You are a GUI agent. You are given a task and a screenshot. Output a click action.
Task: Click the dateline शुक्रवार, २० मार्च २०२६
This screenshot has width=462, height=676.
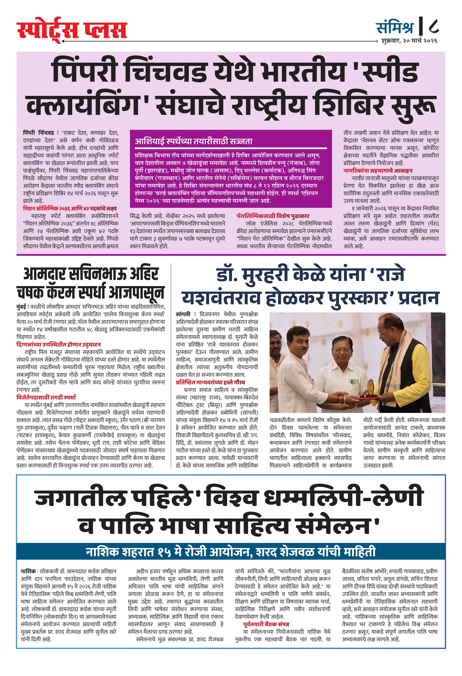(x=409, y=41)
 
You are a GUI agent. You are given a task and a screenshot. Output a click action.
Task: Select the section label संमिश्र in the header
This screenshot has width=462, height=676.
(x=395, y=28)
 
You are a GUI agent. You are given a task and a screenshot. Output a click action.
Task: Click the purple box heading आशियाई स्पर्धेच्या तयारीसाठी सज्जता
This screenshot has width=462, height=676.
(x=194, y=141)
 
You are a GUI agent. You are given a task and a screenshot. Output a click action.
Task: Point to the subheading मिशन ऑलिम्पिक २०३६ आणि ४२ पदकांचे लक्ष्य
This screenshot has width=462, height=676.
(x=70, y=209)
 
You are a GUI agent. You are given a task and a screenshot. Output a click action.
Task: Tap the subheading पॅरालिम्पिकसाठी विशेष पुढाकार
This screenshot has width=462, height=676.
(x=273, y=216)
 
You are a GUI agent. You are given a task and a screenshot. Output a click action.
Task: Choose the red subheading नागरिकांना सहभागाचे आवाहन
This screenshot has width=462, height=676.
(x=378, y=171)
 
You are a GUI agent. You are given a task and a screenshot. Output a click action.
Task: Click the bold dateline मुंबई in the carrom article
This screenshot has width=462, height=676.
(x=21, y=307)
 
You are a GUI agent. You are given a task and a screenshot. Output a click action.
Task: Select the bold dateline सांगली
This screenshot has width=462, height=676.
(x=183, y=314)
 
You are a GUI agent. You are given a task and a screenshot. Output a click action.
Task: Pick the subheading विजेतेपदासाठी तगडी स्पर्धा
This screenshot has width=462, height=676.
(x=46, y=398)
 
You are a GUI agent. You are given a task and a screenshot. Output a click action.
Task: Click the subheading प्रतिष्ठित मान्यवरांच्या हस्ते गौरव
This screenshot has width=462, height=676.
(x=210, y=382)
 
